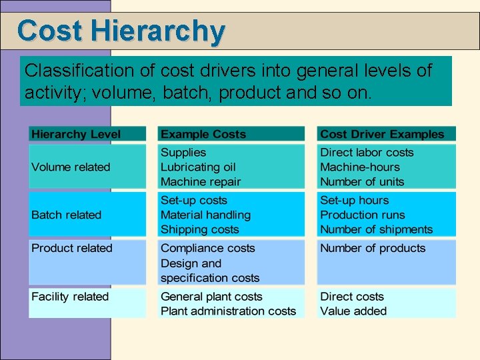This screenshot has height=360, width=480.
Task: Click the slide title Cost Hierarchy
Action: pyautogui.click(x=121, y=31)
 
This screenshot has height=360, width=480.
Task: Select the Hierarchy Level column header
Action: pyautogui.click(x=76, y=134)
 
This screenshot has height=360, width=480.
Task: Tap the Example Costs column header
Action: pyautogui.click(x=203, y=134)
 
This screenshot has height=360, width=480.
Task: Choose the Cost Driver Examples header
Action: pyautogui.click(x=382, y=134)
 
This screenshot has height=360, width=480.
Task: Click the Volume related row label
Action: pyautogui.click(x=71, y=167)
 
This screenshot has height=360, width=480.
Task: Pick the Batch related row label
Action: pyautogui.click(x=66, y=215)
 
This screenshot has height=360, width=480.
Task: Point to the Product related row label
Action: pyautogui.click(x=72, y=248)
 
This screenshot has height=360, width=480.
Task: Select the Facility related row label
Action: pyautogui.click(x=70, y=297)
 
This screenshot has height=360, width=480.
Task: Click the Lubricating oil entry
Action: pyautogui.click(x=198, y=167)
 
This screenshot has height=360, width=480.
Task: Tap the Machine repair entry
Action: pyautogui.click(x=201, y=182)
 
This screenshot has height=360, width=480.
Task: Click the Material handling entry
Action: pyautogui.click(x=205, y=215)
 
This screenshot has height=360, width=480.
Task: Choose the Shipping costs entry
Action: pyautogui.click(x=199, y=229)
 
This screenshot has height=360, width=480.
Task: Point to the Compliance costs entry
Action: pyautogui.click(x=208, y=248)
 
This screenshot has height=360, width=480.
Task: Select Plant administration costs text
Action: pyautogui.click(x=228, y=311)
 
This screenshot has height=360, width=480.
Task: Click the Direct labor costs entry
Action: pyautogui.click(x=367, y=153)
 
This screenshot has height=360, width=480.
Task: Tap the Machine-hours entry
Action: pyautogui.click(x=360, y=167)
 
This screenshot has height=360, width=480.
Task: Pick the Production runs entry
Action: pyautogui.click(x=363, y=215)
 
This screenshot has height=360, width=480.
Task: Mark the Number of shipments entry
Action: pyautogui.click(x=377, y=229)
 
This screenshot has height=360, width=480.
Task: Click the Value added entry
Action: pyautogui.click(x=353, y=311)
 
